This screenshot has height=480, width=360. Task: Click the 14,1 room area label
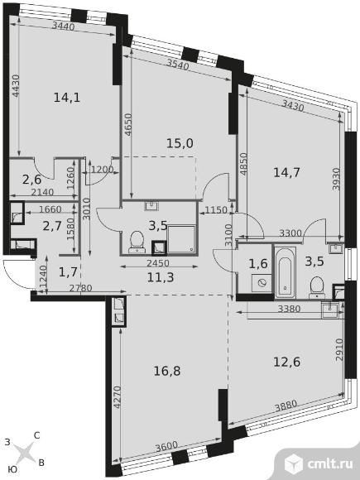click(x=67, y=98)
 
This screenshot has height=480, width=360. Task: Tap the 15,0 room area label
click(x=180, y=143)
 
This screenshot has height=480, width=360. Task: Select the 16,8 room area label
click(x=167, y=371)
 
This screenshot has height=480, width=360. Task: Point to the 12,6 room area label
click(x=286, y=362)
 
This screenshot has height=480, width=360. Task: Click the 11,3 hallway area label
click(x=161, y=277)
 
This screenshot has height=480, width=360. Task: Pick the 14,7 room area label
click(x=286, y=173)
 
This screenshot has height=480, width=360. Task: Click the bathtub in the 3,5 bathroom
click(x=285, y=272)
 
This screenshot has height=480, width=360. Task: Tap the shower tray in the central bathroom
click(x=181, y=239)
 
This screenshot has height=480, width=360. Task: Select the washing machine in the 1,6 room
click(x=262, y=283)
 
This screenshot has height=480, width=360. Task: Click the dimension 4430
click(x=16, y=86)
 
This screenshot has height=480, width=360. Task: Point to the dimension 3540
click(x=178, y=64)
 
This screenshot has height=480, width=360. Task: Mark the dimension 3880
click(x=286, y=406)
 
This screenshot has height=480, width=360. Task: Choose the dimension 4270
click(x=117, y=397)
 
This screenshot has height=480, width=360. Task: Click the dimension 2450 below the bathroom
click(x=157, y=263)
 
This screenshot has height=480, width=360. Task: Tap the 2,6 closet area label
click(x=31, y=180)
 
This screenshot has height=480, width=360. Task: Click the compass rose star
click(x=24, y=453)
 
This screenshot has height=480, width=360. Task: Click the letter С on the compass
click(x=36, y=435)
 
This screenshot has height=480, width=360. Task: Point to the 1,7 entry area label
click(x=67, y=271)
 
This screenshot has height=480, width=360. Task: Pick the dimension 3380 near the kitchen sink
click(x=289, y=309)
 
